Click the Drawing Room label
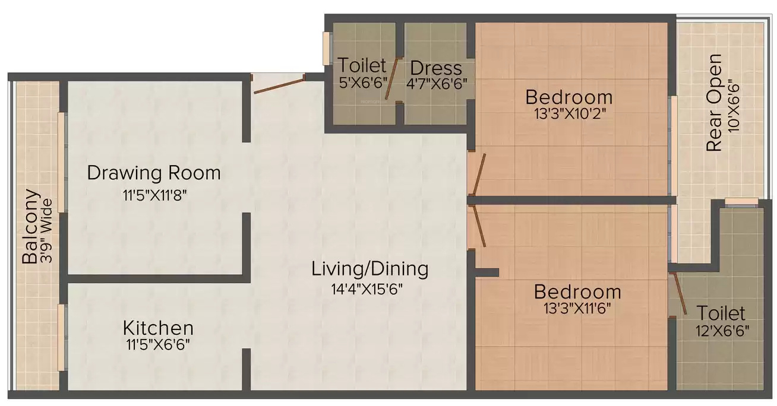click(154, 173)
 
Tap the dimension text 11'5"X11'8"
click(154, 195)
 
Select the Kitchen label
click(158, 328)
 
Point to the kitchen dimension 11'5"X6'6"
click(158, 345)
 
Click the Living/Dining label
click(369, 269)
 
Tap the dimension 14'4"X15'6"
click(367, 289)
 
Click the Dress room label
click(436, 68)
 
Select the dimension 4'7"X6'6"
click(437, 84)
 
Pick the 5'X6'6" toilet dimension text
click(363, 83)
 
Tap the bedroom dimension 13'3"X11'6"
click(577, 308)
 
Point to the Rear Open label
click(714, 103)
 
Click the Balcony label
click(30, 226)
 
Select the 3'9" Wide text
click(46, 230)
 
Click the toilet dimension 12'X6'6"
click(722, 331)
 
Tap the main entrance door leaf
click(279, 86)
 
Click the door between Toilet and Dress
click(391, 79)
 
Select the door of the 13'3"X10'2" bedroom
click(479, 175)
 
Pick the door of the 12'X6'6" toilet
click(680, 294)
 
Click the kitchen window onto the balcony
click(62, 338)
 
